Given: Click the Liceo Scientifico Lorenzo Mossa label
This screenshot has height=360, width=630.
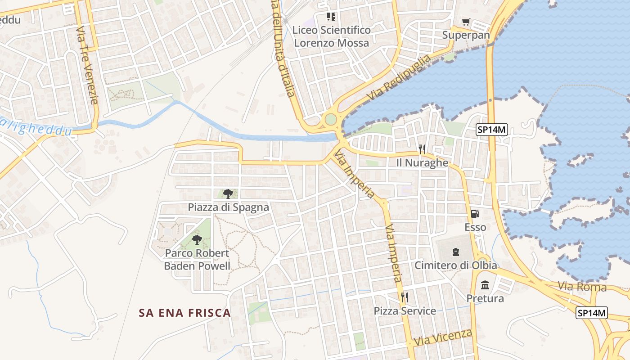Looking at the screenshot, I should point(331,36).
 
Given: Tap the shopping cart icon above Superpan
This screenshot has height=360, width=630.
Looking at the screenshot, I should point(466,22).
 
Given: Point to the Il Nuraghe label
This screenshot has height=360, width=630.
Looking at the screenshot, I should point(422,163).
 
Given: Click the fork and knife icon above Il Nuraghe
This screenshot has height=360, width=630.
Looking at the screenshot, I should point(422,149).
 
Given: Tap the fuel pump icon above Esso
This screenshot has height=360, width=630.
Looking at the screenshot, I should point(475,214).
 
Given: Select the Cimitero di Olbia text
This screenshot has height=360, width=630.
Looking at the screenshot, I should point(455,265).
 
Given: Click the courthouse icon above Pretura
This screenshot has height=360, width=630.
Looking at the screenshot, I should point(485,285).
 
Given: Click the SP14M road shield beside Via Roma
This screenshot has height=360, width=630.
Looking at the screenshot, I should point(592,313).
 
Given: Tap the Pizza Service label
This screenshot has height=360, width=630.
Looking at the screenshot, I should point(405,311).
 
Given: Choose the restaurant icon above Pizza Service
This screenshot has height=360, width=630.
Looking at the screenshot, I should point(405,297).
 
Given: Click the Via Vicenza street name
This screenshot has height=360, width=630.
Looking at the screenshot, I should point(443,337).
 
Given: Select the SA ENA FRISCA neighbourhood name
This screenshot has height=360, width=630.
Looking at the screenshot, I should point(184,313).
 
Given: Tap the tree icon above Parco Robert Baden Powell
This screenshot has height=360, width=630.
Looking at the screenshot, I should point(197,239).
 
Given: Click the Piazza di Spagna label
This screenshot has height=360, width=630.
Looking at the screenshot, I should point(228,207).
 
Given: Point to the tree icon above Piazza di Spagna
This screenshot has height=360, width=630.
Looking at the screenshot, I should point(228,194).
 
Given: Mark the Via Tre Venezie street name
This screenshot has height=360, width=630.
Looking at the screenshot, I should point(87,65).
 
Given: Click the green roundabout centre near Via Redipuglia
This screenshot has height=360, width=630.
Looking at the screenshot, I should point(331,120).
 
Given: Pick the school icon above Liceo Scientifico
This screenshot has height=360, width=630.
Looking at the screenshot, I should point(331,17).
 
